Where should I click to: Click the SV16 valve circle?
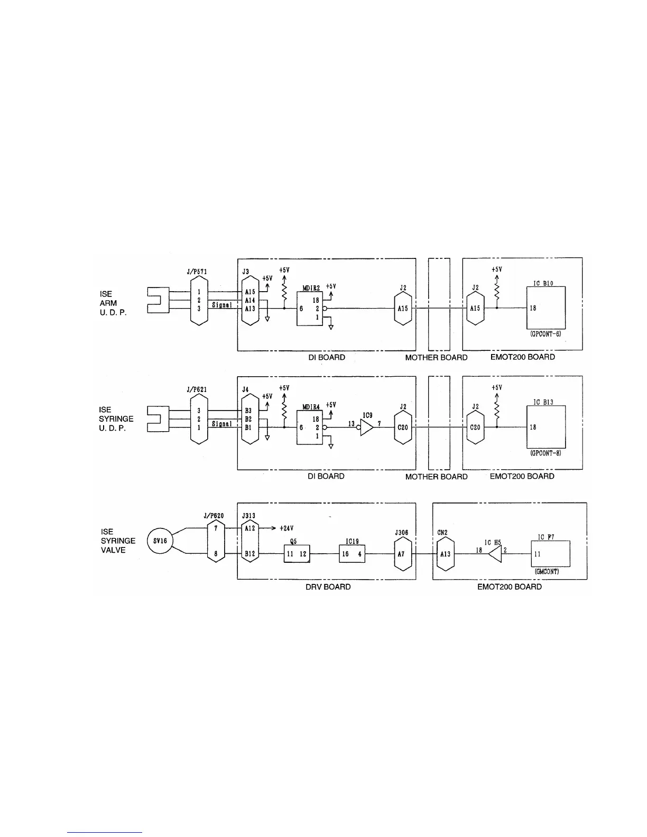[x=160, y=541]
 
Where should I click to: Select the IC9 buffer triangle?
[x=366, y=427]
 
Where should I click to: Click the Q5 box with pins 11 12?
[x=297, y=554]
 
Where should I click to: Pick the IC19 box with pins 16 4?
[x=352, y=554]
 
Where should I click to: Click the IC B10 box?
[x=546, y=309]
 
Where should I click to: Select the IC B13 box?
[x=546, y=427]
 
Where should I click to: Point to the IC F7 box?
[x=550, y=554]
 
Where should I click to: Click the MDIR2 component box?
[x=309, y=309]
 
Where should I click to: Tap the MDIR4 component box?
[x=309, y=427]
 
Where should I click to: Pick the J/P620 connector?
[x=216, y=541]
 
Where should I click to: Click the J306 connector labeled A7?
[x=402, y=554]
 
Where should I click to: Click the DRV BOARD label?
[x=329, y=587]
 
